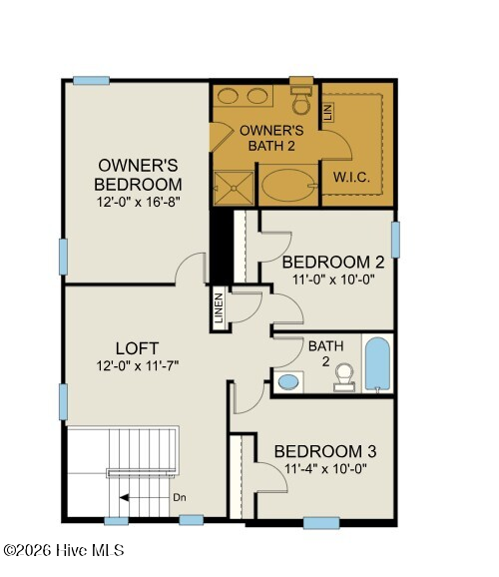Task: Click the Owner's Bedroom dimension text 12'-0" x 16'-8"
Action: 138,202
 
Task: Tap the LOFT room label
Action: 138,348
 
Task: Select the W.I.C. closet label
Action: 351,178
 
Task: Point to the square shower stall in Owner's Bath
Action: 234,188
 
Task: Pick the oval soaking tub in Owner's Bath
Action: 288,185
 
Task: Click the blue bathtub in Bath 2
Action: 377,364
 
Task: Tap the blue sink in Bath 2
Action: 288,381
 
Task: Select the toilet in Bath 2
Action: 344,377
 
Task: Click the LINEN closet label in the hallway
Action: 219,307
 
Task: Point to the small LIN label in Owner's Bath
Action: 328,112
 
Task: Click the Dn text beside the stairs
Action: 180,497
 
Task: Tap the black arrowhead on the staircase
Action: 124,497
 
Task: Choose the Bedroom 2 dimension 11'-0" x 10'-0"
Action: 333,281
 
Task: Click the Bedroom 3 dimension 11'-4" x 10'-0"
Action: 325,469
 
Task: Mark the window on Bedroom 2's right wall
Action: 395,240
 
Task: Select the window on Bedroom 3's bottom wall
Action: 321,523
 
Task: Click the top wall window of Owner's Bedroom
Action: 91,80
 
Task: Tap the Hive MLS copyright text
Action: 64,550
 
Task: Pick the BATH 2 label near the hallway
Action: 326,353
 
